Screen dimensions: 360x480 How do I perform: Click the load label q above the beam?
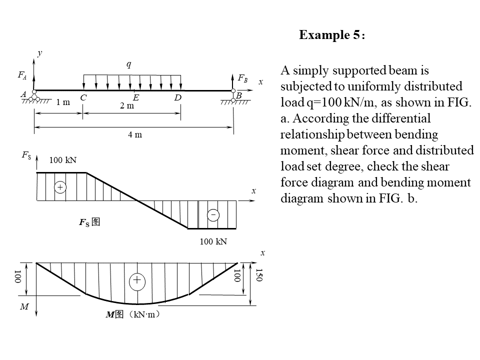129,64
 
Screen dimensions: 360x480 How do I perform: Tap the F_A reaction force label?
22,75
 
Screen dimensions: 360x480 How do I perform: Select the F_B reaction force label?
242,78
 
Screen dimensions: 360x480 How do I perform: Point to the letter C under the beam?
83,98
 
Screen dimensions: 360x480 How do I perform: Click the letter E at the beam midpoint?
135,98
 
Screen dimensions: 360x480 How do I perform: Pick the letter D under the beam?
177,98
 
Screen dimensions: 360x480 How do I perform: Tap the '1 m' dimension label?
63,102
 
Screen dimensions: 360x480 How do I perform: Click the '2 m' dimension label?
127,106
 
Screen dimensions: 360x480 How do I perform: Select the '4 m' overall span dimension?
135,134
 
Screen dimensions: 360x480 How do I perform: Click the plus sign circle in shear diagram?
59,187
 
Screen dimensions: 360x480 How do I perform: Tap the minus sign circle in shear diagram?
213,215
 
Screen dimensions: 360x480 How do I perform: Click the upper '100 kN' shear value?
63,160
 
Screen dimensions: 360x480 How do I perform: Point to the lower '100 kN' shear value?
213,242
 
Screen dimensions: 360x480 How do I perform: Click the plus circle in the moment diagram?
137,281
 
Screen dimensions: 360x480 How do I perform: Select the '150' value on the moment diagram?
258,275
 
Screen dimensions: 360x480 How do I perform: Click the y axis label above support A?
39,53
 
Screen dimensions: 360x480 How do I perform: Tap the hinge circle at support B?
233,91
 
